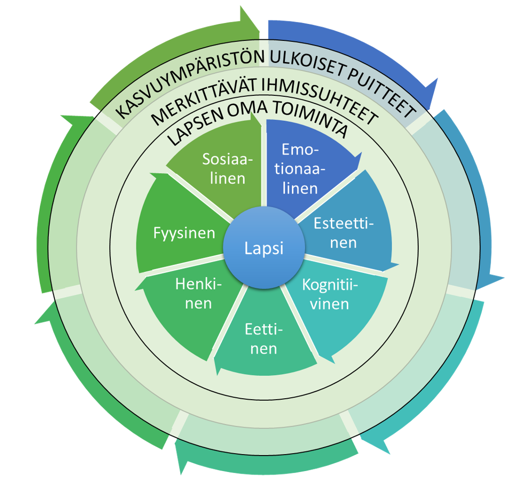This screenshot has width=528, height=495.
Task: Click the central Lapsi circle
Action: pyautogui.click(x=264, y=248)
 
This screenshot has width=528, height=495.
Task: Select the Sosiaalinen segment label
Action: pyautogui.click(x=227, y=169)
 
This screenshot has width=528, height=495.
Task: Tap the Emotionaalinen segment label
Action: pyautogui.click(x=299, y=169)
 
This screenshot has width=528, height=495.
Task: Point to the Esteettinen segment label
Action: pyautogui.click(x=342, y=233)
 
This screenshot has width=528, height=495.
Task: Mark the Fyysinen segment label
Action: pyautogui.click(x=184, y=233)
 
